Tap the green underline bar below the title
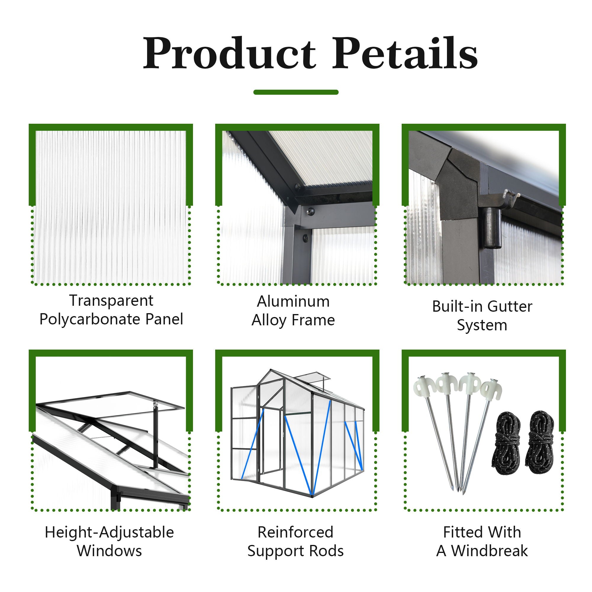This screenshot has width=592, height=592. click(x=296, y=92)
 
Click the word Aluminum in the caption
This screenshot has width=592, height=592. click(x=293, y=302)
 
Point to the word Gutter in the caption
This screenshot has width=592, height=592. click(x=510, y=306)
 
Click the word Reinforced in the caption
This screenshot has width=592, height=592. click(x=295, y=532)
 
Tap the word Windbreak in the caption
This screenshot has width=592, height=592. click(x=490, y=551)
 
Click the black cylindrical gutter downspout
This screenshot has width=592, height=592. click(x=492, y=228)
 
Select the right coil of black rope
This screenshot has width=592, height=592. click(x=540, y=443)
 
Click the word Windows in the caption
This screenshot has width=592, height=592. click(x=110, y=551)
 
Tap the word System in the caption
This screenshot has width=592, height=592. click(x=482, y=326)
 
